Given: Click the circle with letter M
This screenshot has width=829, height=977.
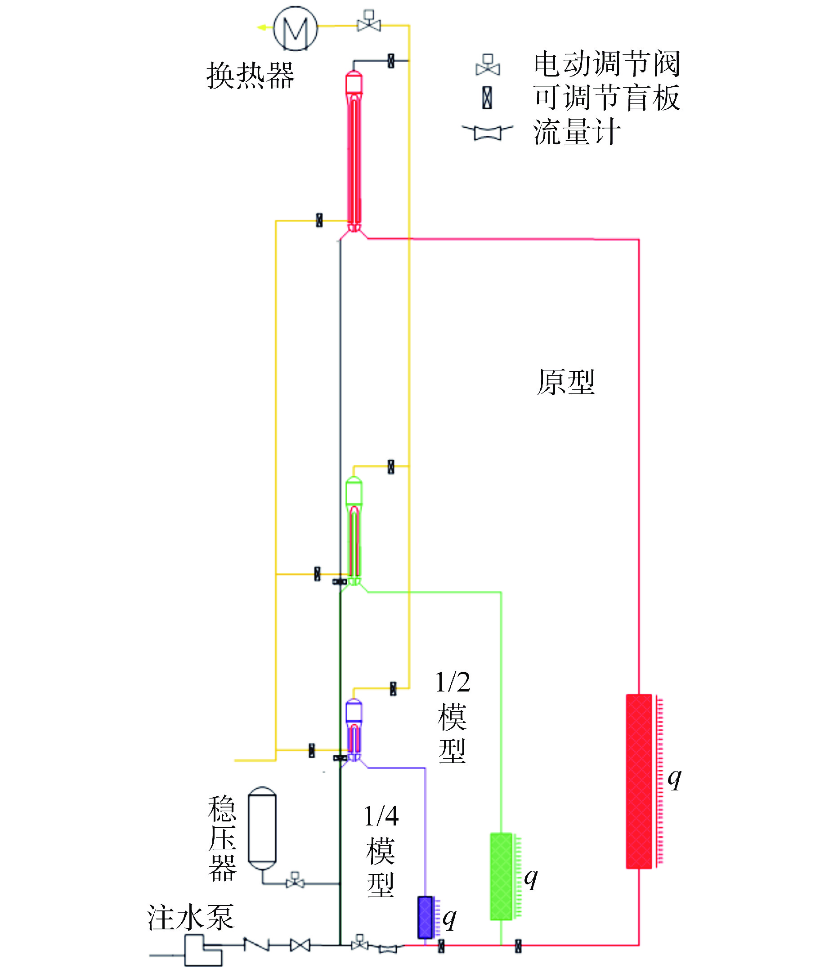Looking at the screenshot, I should pyautogui.click(x=295, y=29).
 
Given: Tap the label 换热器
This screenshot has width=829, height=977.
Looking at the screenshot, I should pyautogui.click(x=251, y=76).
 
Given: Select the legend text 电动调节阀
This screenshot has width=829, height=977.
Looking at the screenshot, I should pyautogui.click(x=607, y=64).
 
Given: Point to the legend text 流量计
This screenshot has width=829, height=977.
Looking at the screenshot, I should pyautogui.click(x=577, y=132).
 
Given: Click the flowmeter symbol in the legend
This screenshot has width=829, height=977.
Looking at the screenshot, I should pyautogui.click(x=487, y=133).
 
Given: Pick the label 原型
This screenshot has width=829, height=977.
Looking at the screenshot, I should pyautogui.click(x=566, y=383).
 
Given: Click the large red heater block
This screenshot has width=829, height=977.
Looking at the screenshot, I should pyautogui.click(x=639, y=781).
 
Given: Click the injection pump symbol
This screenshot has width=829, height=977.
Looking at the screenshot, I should pyautogui.click(x=202, y=950).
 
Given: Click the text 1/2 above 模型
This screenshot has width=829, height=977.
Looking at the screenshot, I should pyautogui.click(x=453, y=682).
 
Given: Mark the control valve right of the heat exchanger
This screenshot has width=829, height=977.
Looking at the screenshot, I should pyautogui.click(x=369, y=22).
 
